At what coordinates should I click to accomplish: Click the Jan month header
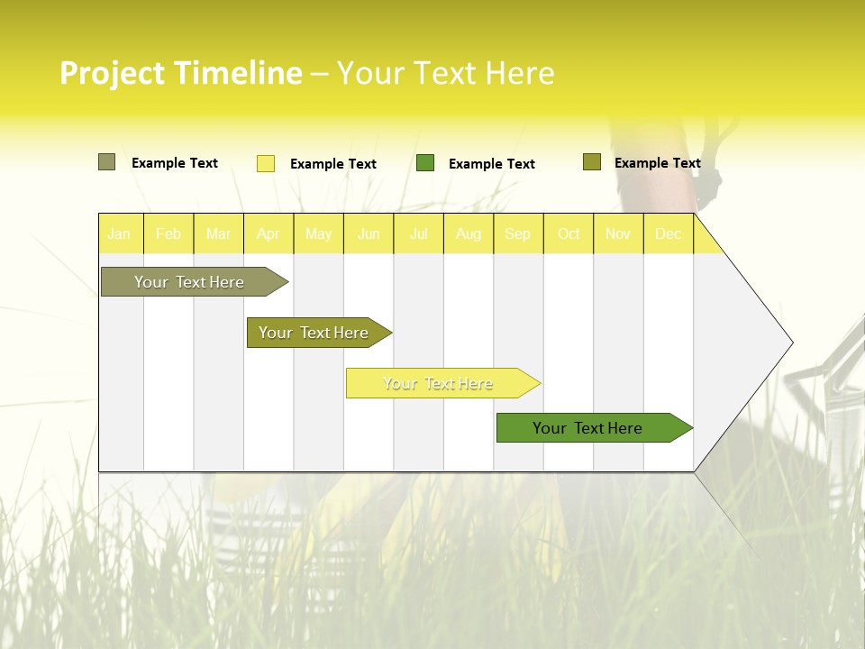click(x=120, y=233)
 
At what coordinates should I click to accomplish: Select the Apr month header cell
click(x=269, y=233)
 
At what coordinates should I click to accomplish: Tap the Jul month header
click(x=418, y=233)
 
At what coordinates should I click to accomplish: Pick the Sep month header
click(x=518, y=233)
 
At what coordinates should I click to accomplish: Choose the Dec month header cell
click(x=668, y=233)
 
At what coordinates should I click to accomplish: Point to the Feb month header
click(x=168, y=233)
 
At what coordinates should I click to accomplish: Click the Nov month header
click(x=618, y=233)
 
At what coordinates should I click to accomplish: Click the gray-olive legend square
click(x=106, y=162)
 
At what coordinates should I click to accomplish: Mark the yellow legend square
click(x=266, y=163)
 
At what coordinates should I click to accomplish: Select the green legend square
click(x=425, y=163)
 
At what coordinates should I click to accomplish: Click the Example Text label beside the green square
click(x=492, y=164)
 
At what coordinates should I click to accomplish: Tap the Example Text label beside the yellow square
click(x=333, y=164)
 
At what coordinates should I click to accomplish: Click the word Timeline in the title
click(x=238, y=73)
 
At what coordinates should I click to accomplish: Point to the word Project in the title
click(x=113, y=73)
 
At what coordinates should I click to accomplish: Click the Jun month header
click(x=369, y=233)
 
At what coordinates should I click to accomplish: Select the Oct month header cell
click(x=569, y=233)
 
